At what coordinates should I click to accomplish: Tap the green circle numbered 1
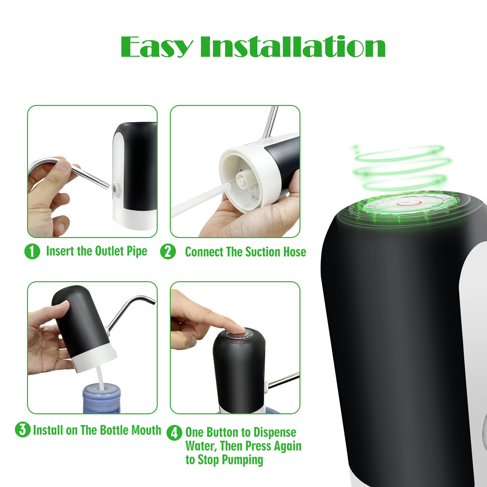(32, 252)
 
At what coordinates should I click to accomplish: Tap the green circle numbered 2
(168, 252)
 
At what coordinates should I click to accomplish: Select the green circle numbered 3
(23, 430)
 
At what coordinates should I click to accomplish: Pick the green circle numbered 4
(174, 433)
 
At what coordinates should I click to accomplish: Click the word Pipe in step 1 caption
(137, 252)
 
